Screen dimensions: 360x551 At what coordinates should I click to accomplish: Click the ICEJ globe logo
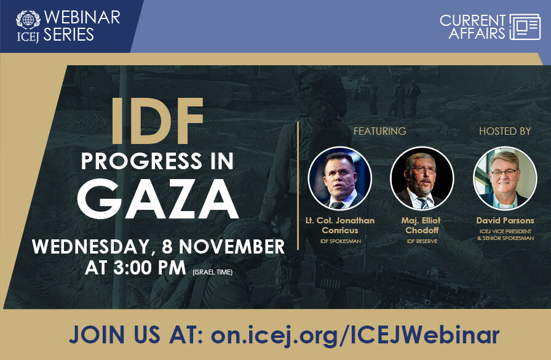28,19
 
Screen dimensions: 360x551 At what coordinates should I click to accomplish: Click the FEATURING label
380,131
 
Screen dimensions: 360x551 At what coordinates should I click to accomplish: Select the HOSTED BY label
505,131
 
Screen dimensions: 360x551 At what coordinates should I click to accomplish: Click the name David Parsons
505,220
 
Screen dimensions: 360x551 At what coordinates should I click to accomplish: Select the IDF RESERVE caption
422,241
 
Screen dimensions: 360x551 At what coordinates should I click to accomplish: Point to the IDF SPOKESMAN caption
340,241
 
